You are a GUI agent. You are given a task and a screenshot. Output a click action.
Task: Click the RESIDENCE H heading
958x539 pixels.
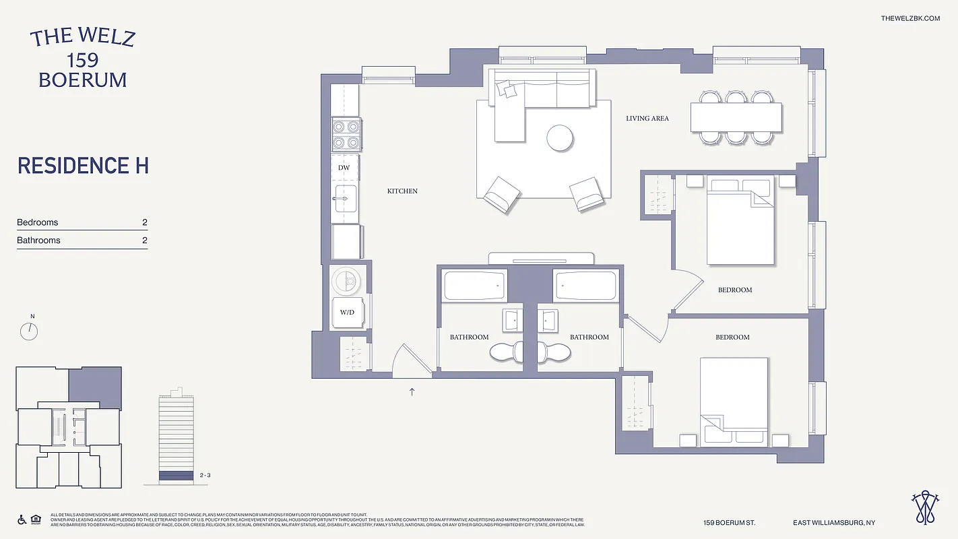point(83,166)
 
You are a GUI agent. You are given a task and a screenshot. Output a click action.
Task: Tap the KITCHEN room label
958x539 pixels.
point(402,191)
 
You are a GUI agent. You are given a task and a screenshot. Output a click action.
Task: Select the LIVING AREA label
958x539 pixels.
point(647,119)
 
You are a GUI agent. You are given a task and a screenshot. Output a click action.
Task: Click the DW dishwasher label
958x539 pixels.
point(344,168)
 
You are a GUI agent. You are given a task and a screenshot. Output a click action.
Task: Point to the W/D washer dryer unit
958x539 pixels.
point(348,312)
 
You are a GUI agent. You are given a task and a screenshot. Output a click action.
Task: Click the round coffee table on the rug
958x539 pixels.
point(559,138)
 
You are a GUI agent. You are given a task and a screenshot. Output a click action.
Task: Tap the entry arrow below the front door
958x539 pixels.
point(412,391)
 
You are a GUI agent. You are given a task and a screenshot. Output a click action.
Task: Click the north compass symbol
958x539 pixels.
point(29,330)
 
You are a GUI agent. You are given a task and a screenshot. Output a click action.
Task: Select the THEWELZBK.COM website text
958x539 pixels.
point(910,18)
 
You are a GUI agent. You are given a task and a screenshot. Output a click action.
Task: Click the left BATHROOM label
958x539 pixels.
point(470,337)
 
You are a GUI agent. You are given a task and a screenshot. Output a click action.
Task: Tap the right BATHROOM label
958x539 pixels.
point(589,337)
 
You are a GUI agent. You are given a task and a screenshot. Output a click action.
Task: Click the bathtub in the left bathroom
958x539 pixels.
point(474,286)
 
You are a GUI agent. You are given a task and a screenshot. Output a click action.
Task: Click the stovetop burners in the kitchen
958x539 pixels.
point(346,133)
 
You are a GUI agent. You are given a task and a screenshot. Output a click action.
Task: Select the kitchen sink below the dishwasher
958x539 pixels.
point(346,199)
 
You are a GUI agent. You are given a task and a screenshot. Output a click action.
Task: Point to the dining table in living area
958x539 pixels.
point(736,117)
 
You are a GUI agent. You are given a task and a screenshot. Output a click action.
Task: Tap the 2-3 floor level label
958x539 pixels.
point(206,476)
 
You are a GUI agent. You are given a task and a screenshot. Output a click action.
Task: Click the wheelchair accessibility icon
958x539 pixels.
point(22,519)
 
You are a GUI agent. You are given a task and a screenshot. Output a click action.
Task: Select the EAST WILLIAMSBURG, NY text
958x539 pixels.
point(834,523)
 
